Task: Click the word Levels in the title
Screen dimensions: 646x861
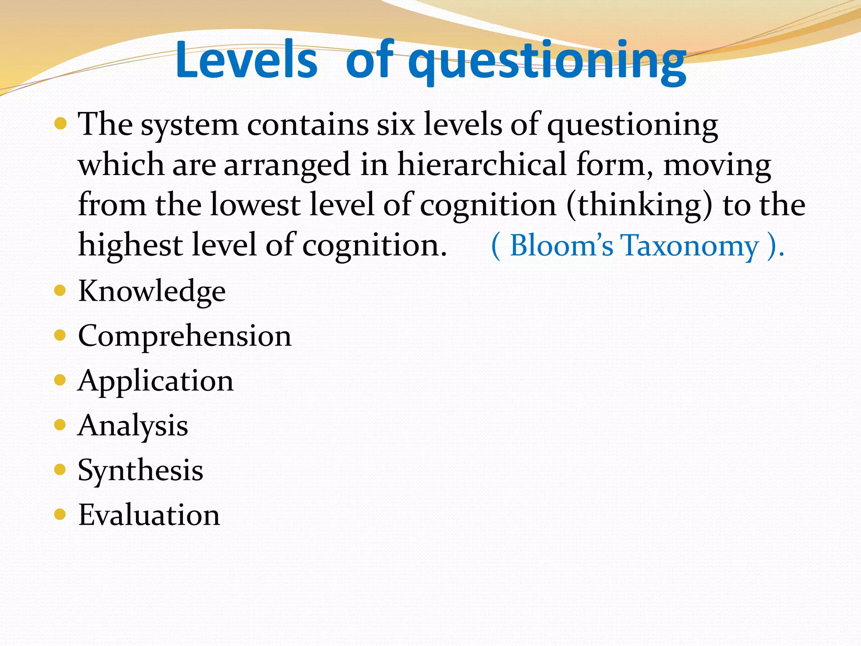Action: click(x=246, y=60)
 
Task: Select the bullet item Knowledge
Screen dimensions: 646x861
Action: click(x=152, y=291)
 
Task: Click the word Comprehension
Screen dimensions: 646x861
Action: click(x=185, y=336)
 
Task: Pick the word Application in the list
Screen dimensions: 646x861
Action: click(x=156, y=381)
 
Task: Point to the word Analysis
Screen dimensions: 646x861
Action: click(x=133, y=426)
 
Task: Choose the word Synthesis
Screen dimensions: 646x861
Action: click(x=140, y=470)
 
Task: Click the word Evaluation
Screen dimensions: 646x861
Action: click(x=149, y=515)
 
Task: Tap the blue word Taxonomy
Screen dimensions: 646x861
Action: click(x=689, y=246)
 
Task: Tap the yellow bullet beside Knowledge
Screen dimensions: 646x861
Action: click(x=60, y=291)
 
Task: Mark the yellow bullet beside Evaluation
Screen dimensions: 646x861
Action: click(x=60, y=514)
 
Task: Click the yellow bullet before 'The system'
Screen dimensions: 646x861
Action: click(x=61, y=123)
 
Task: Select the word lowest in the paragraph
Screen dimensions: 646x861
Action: click(x=255, y=205)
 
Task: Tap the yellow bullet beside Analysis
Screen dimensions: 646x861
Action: click(x=60, y=425)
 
